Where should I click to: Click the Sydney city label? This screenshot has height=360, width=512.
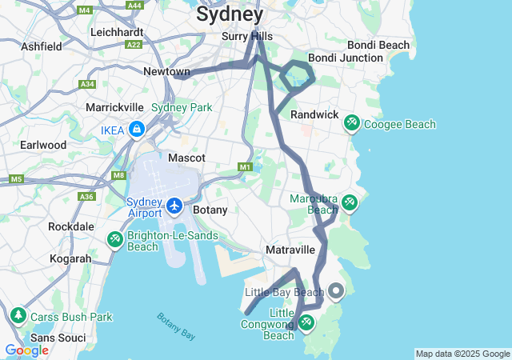pyautogui.click(x=229, y=14)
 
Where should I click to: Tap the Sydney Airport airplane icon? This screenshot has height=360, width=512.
pyautogui.click(x=174, y=206)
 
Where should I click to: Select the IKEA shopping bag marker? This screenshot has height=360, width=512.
pyautogui.click(x=138, y=129)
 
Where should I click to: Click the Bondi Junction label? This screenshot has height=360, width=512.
pyautogui.click(x=346, y=58)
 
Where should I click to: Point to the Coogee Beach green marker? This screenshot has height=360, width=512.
pyautogui.click(x=351, y=123)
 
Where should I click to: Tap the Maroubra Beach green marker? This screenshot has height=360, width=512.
pyautogui.click(x=349, y=202)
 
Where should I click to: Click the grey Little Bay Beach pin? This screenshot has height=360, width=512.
pyautogui.click(x=336, y=291)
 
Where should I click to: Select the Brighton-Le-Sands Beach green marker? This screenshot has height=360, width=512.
pyautogui.click(x=115, y=238)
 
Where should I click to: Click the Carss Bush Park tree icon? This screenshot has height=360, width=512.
pyautogui.click(x=18, y=317)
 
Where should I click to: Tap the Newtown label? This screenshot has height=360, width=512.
pyautogui.click(x=166, y=72)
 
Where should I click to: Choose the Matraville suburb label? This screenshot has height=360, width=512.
pyautogui.click(x=290, y=250)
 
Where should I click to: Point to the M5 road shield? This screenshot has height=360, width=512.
pyautogui.click(x=16, y=179)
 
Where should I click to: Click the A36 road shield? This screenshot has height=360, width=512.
pyautogui.click(x=86, y=196)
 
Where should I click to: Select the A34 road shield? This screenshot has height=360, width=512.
pyautogui.click(x=87, y=84)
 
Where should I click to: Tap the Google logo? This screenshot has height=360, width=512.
pyautogui.click(x=26, y=350)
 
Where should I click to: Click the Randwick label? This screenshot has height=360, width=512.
pyautogui.click(x=314, y=114)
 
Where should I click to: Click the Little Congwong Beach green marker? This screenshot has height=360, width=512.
pyautogui.click(x=306, y=322)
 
